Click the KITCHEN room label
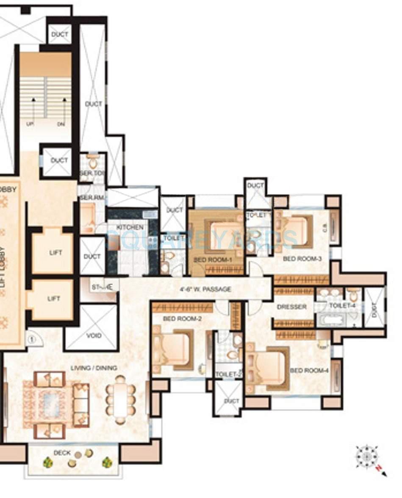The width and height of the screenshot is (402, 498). click(x=130, y=228)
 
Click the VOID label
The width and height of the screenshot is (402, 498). click(x=94, y=336)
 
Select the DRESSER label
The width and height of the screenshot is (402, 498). click(x=291, y=307)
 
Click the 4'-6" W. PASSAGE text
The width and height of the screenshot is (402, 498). click(x=205, y=289)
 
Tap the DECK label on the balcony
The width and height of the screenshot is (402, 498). click(x=62, y=453)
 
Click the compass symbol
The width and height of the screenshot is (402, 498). click(x=366, y=457)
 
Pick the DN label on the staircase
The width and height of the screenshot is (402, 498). click(x=61, y=124)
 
